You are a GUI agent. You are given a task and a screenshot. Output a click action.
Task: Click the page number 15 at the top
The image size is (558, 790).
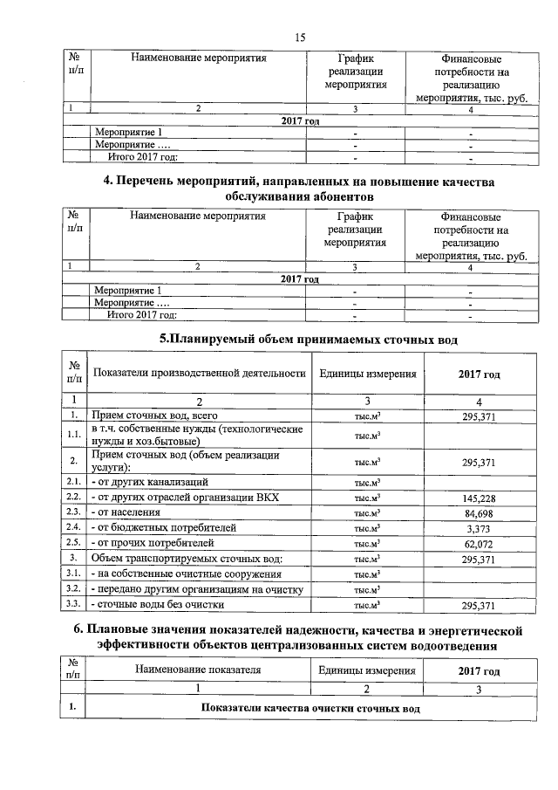[300, 36]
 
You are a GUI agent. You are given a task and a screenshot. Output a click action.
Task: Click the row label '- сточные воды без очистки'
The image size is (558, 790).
[158, 603]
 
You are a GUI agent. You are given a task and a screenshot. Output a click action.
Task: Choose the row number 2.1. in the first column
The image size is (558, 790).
[74, 481]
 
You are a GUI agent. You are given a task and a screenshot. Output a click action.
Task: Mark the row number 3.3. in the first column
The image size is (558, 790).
[74, 603]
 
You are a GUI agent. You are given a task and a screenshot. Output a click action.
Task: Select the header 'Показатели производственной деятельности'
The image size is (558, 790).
[200, 374]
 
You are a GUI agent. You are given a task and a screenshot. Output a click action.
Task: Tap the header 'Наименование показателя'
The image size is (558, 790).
[198, 670]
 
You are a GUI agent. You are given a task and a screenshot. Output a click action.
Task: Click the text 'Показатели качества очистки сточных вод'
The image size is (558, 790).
[311, 707]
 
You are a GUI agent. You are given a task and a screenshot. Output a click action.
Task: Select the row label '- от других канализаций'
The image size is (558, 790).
[149, 481]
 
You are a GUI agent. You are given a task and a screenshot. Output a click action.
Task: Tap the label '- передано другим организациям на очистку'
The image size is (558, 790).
[196, 588]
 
